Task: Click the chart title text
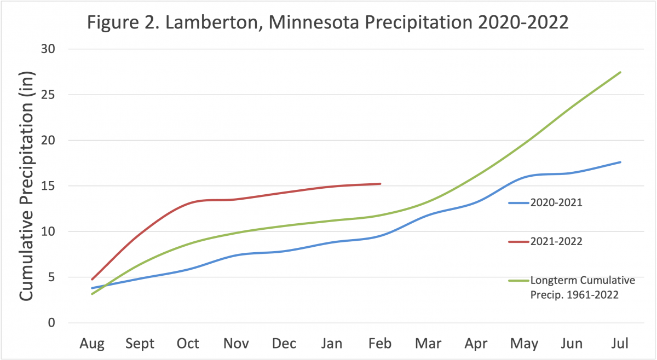[x=327, y=24]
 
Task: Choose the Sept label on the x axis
[x=140, y=343]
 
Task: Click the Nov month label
[x=236, y=343]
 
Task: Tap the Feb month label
[x=380, y=343]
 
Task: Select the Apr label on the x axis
[x=476, y=343]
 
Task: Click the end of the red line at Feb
[x=380, y=184]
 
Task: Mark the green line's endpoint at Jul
[x=620, y=72]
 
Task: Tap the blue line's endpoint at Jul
[x=620, y=162]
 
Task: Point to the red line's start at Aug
[x=92, y=280]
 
